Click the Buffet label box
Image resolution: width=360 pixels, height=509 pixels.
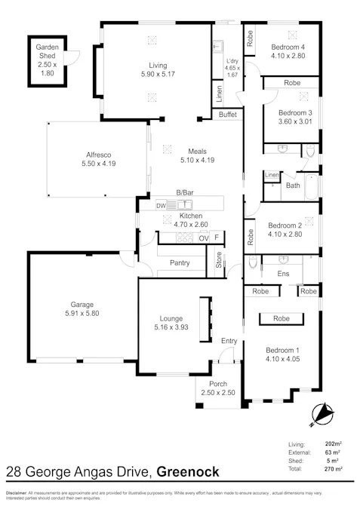click(x=227, y=115)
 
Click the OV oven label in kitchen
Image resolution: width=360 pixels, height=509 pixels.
click(x=202, y=238)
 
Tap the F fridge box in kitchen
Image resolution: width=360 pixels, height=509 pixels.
click(x=217, y=238)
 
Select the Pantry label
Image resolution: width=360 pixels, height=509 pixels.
click(x=180, y=263)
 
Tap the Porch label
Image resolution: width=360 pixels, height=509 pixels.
click(x=217, y=385)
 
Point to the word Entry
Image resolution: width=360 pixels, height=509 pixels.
click(x=229, y=342)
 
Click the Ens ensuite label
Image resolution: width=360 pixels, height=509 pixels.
click(x=284, y=273)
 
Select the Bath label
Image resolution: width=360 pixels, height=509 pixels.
click(x=293, y=185)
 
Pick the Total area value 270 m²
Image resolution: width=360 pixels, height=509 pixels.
click(x=333, y=468)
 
